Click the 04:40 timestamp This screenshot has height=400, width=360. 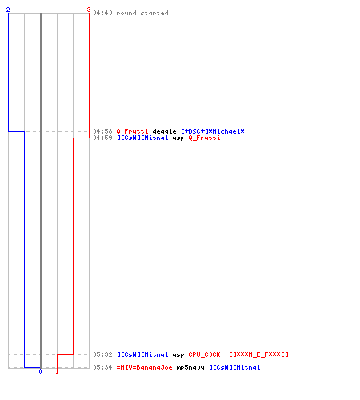pyautogui.click(x=102, y=13)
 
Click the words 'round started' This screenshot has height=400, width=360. pyautogui.click(x=142, y=13)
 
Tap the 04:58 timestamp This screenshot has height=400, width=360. pyautogui.click(x=102, y=131)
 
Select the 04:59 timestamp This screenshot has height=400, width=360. pyautogui.click(x=102, y=138)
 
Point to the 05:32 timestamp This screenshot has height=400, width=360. pyautogui.click(x=102, y=354)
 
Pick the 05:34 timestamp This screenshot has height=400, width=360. pyautogui.click(x=102, y=367)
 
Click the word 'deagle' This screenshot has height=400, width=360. pyautogui.click(x=164, y=131)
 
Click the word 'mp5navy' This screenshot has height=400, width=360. pyautogui.click(x=190, y=367)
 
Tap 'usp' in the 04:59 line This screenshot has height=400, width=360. pyautogui.click(x=178, y=138)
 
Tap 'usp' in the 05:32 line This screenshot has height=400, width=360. pyautogui.click(x=178, y=355)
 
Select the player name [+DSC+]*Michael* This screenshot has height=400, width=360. pyautogui.click(x=213, y=131)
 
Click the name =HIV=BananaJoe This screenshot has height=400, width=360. pyautogui.click(x=144, y=367)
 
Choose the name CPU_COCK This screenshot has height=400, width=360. pyautogui.click(x=204, y=354)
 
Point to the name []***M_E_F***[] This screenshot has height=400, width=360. pyautogui.click(x=258, y=354)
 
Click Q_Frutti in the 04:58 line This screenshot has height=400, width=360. pyautogui.click(x=132, y=131)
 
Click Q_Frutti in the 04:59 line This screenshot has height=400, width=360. pyautogui.click(x=204, y=138)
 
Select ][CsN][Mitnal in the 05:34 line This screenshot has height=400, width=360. pyautogui.click(x=234, y=367)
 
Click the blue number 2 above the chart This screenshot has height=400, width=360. pyautogui.click(x=8, y=10)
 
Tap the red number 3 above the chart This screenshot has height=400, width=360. pyautogui.click(x=89, y=10)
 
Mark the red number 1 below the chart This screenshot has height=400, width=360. pyautogui.click(x=57, y=371)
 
